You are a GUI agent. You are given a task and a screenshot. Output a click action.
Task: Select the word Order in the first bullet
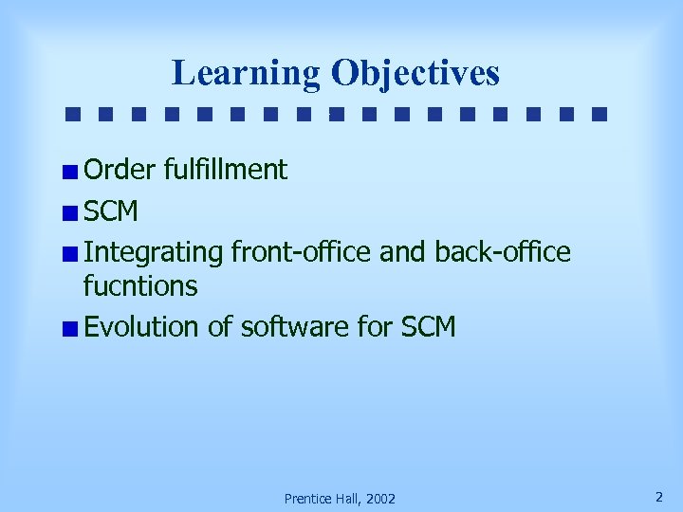tap(120, 171)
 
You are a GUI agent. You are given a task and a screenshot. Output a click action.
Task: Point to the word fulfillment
tap(225, 171)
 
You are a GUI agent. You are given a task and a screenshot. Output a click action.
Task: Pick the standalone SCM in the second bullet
tap(111, 211)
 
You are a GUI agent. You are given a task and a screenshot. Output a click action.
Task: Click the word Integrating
tap(153, 253)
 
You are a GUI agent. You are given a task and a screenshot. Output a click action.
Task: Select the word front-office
tap(300, 252)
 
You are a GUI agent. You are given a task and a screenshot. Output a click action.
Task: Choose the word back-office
tap(503, 252)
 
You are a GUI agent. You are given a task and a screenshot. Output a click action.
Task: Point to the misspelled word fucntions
tap(140, 285)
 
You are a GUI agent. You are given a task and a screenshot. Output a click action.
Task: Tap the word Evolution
tap(142, 327)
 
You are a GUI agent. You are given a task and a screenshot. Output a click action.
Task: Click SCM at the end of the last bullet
tap(429, 327)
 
